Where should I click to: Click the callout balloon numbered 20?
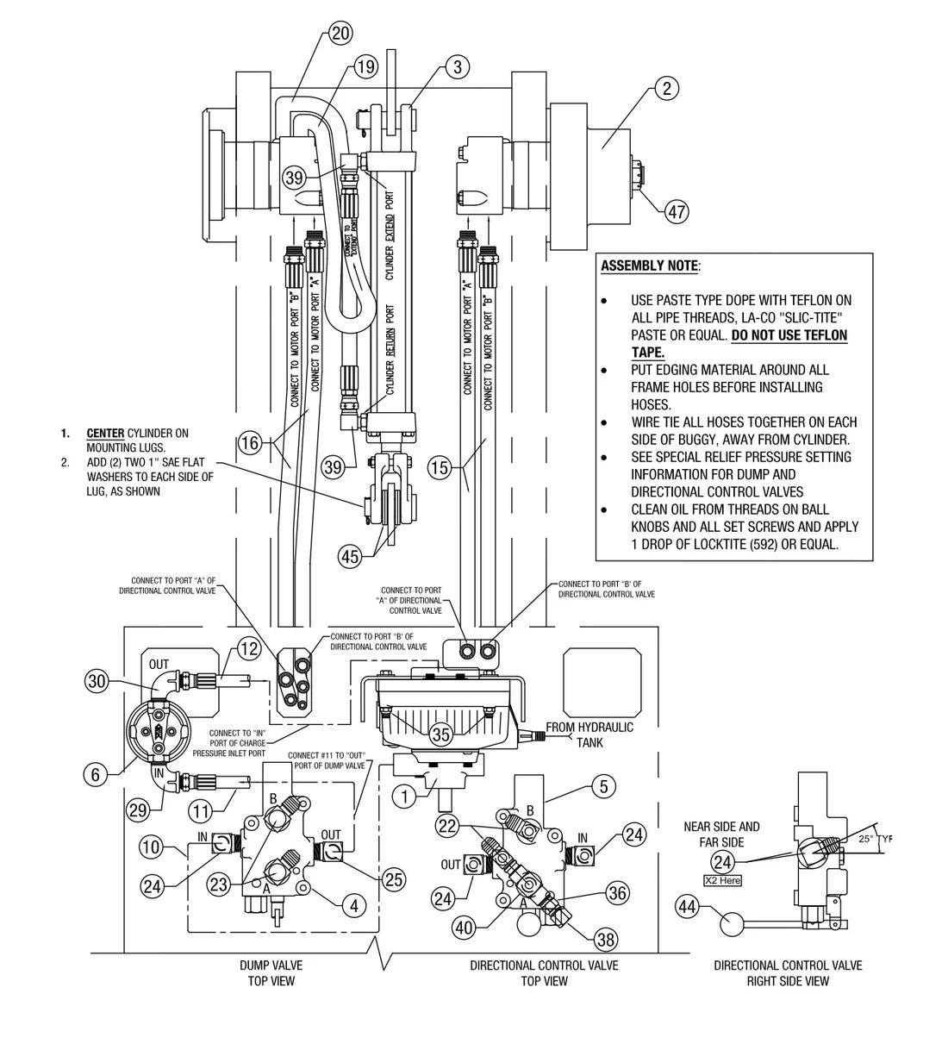click(x=341, y=34)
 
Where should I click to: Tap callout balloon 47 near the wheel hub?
click(x=677, y=210)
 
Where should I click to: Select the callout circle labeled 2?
click(x=666, y=87)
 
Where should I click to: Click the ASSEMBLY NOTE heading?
click(x=649, y=266)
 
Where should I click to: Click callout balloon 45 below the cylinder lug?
click(x=349, y=557)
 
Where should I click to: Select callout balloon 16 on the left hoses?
click(x=250, y=443)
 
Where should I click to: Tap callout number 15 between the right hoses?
click(x=440, y=469)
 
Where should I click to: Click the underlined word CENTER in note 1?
click(x=104, y=433)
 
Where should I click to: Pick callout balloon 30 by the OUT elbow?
click(x=97, y=680)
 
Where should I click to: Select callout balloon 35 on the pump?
click(x=441, y=734)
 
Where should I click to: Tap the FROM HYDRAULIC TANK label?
click(x=589, y=734)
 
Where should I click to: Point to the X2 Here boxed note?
click(x=722, y=881)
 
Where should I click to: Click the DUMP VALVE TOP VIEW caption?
click(x=271, y=973)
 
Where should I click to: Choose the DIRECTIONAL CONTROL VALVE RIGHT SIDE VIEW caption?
click(x=788, y=973)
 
